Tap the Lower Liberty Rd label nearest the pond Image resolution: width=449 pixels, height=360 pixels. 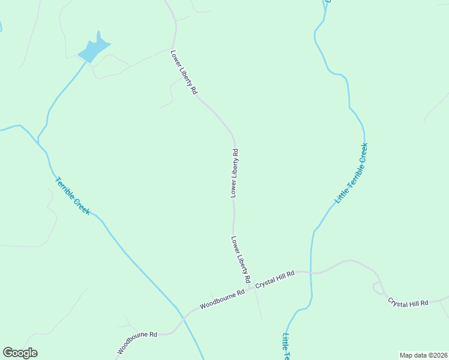(x=184, y=72)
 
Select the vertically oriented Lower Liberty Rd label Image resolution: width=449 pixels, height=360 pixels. (x=235, y=173)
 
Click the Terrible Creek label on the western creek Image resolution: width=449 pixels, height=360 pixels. (x=73, y=196)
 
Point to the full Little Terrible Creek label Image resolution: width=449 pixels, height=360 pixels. (x=351, y=173)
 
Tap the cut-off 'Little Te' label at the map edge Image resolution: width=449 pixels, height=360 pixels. (x=287, y=346)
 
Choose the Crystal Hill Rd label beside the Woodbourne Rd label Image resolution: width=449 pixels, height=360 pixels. (x=275, y=280)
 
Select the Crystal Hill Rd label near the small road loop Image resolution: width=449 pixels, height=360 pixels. (x=408, y=302)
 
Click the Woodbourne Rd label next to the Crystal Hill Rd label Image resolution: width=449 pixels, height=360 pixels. (x=222, y=298)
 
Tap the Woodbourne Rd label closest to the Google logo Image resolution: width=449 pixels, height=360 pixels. (x=137, y=341)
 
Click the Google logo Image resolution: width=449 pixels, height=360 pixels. (x=20, y=353)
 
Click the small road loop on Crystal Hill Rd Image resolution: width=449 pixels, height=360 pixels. (x=378, y=287)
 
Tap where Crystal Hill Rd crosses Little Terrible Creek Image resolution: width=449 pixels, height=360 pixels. (x=311, y=273)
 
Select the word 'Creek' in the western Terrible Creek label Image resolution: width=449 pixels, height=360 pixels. (x=82, y=206)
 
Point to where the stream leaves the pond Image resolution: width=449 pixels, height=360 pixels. (x=85, y=61)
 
